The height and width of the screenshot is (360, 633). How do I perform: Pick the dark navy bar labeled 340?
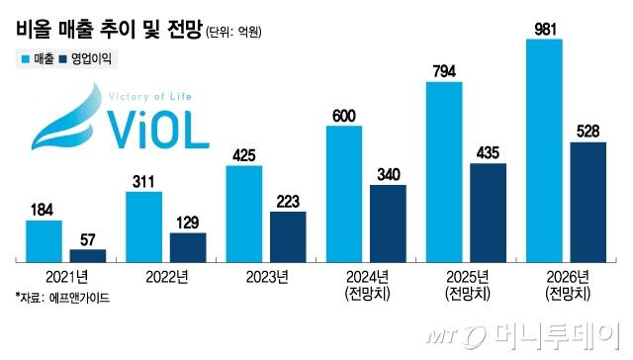coord(387,222)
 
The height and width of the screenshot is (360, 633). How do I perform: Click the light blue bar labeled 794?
coord(444,171)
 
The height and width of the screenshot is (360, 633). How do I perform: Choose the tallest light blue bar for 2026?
coord(545,149)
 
